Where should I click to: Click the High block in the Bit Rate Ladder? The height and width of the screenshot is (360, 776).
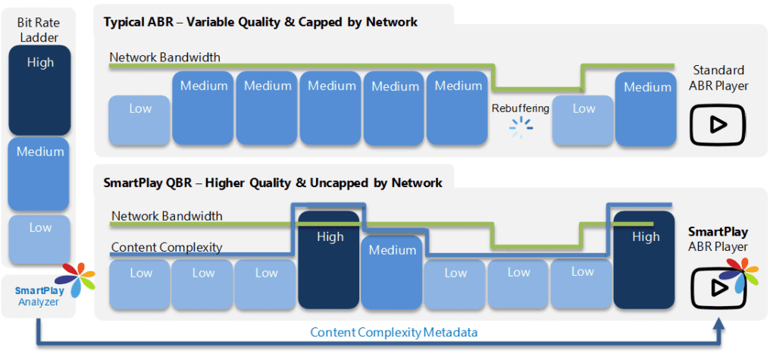click(x=39, y=90)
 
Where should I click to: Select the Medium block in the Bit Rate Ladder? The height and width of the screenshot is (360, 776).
click(x=39, y=174)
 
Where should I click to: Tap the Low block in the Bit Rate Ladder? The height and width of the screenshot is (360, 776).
click(x=39, y=239)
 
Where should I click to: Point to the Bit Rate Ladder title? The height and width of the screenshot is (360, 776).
click(x=38, y=30)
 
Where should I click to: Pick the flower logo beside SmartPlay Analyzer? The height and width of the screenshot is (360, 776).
click(x=78, y=280)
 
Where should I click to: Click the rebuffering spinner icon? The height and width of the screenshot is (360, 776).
click(x=521, y=127)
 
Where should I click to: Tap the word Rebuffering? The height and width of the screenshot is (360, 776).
click(x=520, y=108)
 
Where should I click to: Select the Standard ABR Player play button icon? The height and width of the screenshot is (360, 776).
click(x=717, y=125)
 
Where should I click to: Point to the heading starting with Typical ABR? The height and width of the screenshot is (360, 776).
click(x=261, y=22)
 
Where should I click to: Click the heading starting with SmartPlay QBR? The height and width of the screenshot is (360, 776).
click(x=273, y=183)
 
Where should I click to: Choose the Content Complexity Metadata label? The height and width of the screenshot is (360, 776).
click(x=394, y=332)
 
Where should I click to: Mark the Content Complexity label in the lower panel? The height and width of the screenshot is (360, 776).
click(x=167, y=247)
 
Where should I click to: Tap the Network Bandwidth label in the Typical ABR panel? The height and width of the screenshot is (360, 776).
click(x=164, y=57)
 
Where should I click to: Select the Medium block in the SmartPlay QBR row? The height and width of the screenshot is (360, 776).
click(x=392, y=273)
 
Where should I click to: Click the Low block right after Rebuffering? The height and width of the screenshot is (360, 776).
click(x=583, y=121)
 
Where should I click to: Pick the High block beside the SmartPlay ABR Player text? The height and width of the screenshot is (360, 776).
click(x=644, y=261)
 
